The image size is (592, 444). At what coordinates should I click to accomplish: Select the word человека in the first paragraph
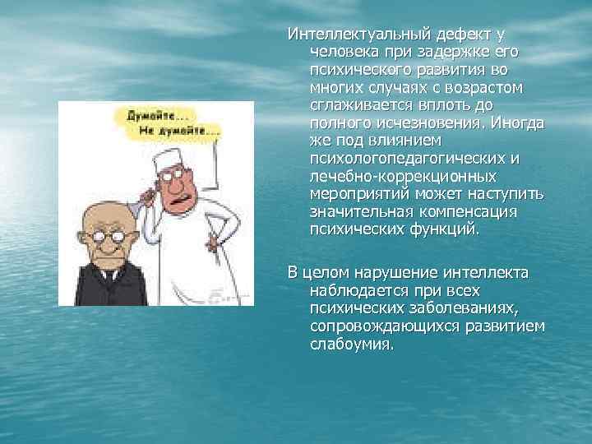pyautogui.click(x=342, y=52)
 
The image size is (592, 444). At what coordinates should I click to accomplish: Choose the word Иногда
pyautogui.click(x=518, y=123)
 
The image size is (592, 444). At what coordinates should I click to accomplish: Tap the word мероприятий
pyautogui.click(x=354, y=194)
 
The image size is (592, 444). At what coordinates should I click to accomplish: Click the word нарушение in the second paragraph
pyautogui.click(x=382, y=273)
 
